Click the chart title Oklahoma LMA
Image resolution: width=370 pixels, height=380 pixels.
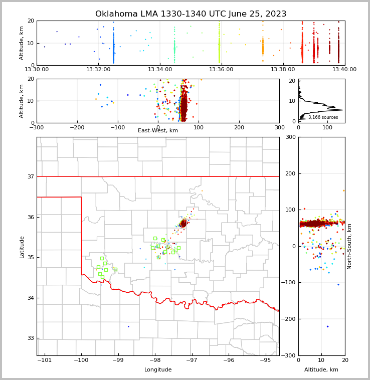tap(191, 14)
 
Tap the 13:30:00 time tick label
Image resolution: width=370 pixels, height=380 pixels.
tap(37, 70)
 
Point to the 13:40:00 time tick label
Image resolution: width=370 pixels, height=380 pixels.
tap(344, 70)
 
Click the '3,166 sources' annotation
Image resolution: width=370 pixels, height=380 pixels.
tap(323, 117)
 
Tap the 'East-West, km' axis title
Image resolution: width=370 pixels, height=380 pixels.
tap(158, 131)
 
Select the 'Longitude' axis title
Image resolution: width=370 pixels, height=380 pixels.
tap(158, 370)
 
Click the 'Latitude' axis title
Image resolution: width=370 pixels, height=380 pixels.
tap(22, 247)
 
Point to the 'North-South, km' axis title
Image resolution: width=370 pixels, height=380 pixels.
tap(349, 247)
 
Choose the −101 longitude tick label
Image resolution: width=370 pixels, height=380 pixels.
tap(44, 360)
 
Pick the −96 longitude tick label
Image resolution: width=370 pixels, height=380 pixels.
tap(228, 360)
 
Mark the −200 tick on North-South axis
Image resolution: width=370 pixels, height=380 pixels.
tap(289, 319)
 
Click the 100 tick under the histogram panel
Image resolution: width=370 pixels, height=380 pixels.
tap(327, 128)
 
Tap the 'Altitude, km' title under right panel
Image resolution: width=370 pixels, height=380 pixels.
tap(321, 370)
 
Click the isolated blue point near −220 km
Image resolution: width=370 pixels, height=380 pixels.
tap(327, 326)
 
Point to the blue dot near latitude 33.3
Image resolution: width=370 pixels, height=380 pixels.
tap(128, 326)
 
